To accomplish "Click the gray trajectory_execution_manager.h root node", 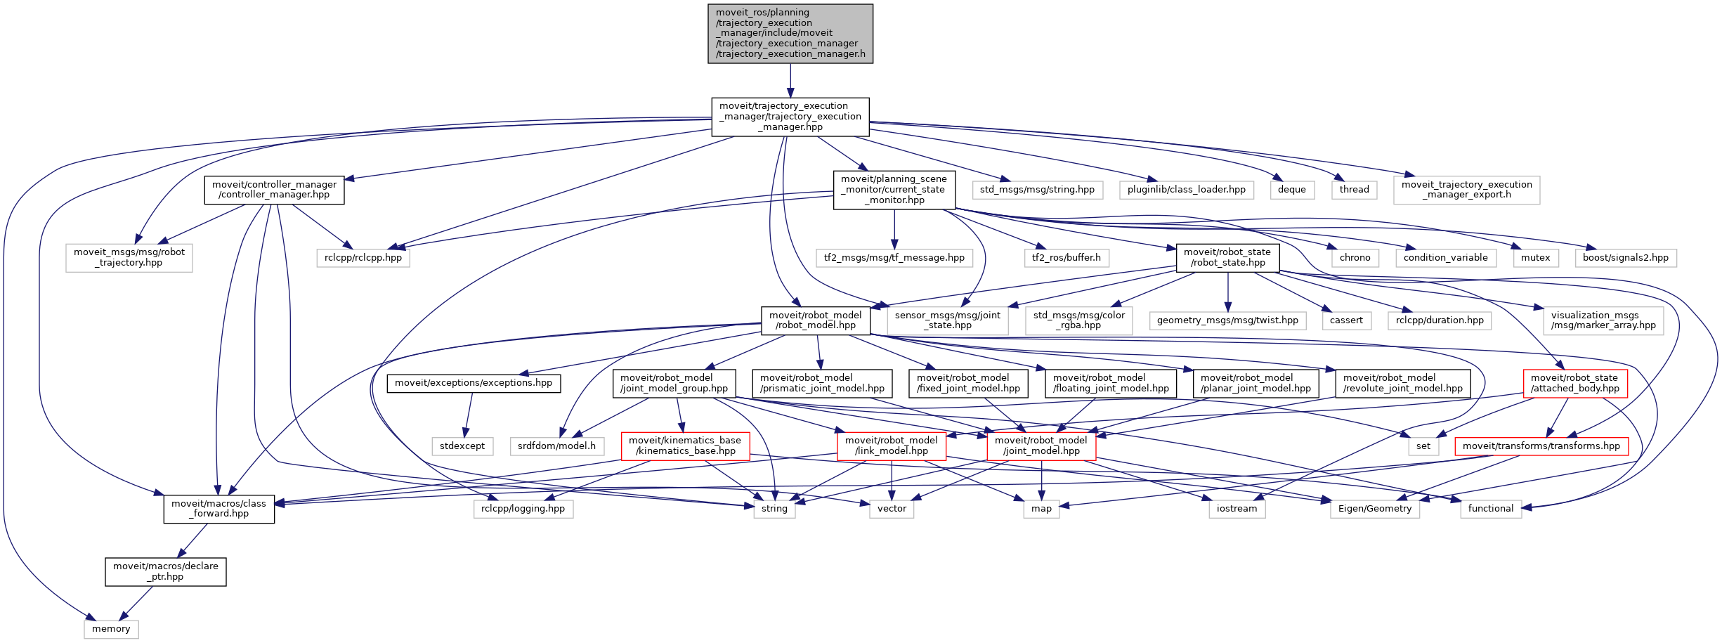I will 790,34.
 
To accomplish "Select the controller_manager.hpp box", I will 274,190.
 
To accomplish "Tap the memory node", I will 111,629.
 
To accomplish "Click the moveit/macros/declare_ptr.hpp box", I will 166,571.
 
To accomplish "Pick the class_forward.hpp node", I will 218,508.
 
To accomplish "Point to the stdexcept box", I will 462,446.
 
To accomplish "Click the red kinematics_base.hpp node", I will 685,446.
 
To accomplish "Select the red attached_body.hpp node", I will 1574,383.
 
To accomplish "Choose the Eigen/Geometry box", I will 1374,509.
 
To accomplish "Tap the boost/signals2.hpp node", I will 1625,258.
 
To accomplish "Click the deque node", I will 1291,190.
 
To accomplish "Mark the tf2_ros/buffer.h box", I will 1066,258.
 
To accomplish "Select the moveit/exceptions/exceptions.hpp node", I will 474,383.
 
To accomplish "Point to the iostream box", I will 1237,509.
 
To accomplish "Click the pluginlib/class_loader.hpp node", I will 1186,190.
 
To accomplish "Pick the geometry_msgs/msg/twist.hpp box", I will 1227,320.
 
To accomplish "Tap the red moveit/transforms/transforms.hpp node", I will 1541,446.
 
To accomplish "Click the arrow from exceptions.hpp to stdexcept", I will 469,415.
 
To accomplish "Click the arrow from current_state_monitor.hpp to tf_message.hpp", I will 894,229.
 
